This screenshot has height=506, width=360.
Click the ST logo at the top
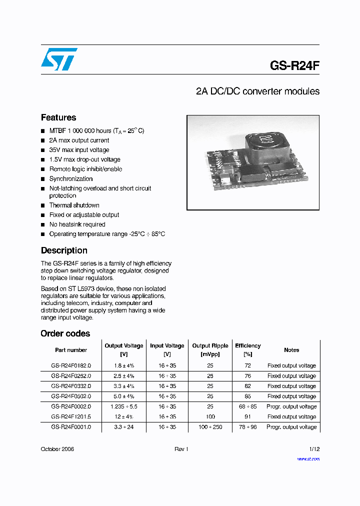(x=59, y=59)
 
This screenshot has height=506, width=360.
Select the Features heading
(x=58, y=117)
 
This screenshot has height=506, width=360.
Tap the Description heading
(x=64, y=250)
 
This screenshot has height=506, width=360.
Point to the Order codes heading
(x=65, y=333)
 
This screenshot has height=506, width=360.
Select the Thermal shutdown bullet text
(x=74, y=205)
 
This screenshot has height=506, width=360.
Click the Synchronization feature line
(x=71, y=179)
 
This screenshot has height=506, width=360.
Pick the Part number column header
(x=71, y=350)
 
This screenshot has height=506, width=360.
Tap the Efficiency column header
(x=247, y=346)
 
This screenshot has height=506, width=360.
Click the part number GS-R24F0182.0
(x=71, y=366)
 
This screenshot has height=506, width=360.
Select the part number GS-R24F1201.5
(x=71, y=417)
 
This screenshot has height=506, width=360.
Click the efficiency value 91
(x=247, y=417)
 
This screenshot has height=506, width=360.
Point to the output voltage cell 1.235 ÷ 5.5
(x=123, y=407)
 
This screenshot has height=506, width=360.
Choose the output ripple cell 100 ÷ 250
(x=210, y=427)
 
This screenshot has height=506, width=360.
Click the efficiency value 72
(x=247, y=366)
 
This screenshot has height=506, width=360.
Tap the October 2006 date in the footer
(x=57, y=449)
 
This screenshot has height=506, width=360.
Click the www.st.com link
(x=308, y=459)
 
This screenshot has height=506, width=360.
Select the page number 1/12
(x=313, y=449)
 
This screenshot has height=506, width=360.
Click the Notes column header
(x=291, y=350)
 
